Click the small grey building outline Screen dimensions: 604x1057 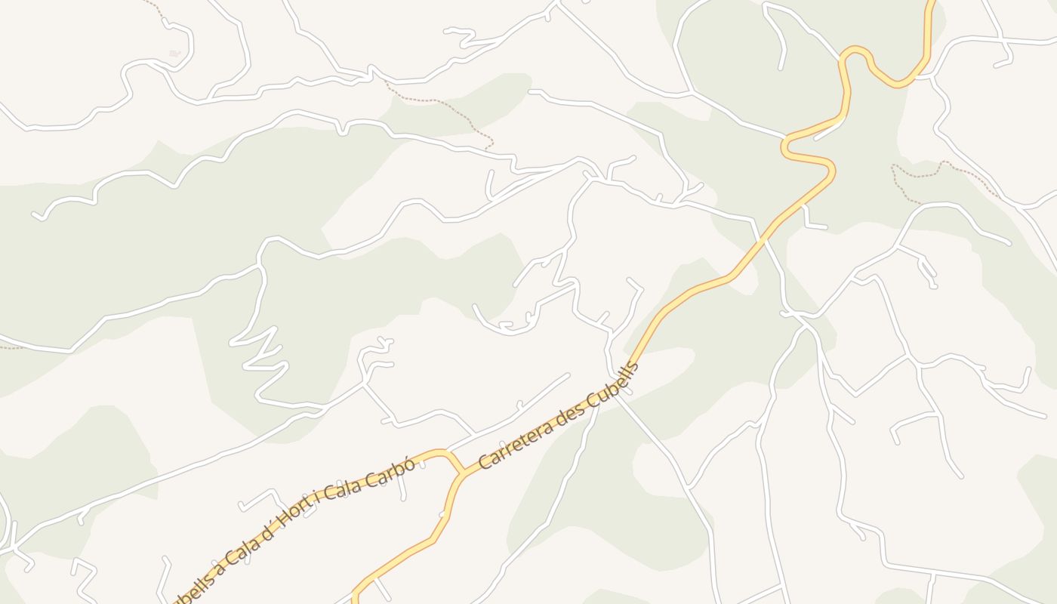[174, 53]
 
